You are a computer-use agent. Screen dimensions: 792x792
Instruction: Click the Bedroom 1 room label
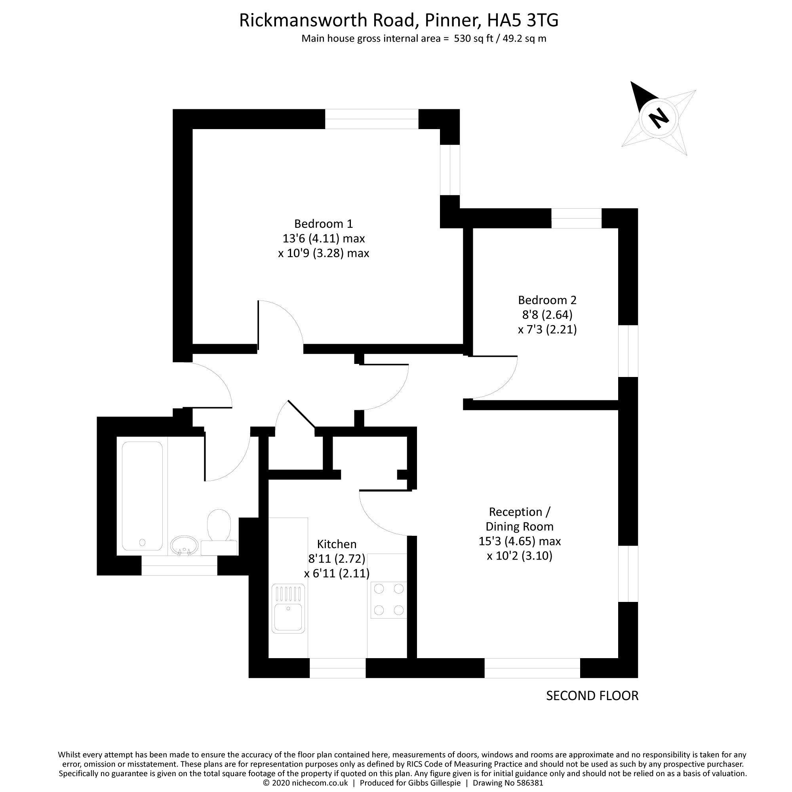[x=323, y=224]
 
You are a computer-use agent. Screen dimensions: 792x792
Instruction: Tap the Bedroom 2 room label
[x=547, y=300]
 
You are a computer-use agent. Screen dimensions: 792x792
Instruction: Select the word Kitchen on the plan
[x=337, y=544]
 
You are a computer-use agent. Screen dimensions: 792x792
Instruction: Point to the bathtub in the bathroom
[x=142, y=496]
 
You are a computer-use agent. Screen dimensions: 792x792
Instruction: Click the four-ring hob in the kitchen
[x=388, y=600]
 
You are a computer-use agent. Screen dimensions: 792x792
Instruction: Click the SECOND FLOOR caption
[x=592, y=696]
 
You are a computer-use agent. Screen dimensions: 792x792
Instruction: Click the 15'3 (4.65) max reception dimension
[x=520, y=541]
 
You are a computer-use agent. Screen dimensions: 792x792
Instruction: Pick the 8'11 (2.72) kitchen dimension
[x=337, y=558]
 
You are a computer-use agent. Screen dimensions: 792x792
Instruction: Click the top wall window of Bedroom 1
[x=371, y=119]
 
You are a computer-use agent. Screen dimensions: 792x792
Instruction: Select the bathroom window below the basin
[x=179, y=565]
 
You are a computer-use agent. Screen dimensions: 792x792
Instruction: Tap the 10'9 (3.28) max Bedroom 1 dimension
[x=324, y=253]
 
